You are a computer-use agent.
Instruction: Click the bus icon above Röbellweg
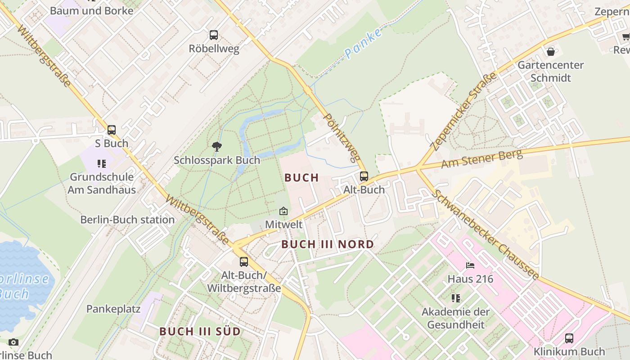[214, 35]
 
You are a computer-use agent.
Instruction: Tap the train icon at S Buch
[111, 130]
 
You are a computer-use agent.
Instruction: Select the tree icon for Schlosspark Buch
[216, 146]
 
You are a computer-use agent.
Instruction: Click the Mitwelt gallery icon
[283, 211]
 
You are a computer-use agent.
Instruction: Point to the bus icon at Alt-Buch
[364, 176]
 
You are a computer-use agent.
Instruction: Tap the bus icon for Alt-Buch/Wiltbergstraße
[243, 261]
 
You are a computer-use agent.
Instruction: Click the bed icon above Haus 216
[470, 265]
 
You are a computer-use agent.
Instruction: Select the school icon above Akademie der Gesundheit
[456, 298]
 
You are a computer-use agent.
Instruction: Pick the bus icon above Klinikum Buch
[569, 338]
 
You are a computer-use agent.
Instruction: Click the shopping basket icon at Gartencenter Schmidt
[550, 52]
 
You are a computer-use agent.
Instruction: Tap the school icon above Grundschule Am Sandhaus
[102, 164]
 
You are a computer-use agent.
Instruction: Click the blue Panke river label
[364, 43]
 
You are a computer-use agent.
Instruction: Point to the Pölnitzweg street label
[342, 137]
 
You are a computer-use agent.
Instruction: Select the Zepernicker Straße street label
[463, 111]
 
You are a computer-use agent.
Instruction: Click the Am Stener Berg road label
[481, 159]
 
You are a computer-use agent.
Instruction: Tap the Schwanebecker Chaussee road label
[486, 234]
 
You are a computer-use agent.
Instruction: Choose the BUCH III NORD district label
[328, 244]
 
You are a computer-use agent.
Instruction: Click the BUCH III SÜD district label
[200, 331]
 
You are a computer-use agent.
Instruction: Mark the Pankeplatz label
[113, 309]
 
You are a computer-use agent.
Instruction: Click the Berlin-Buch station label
[127, 220]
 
